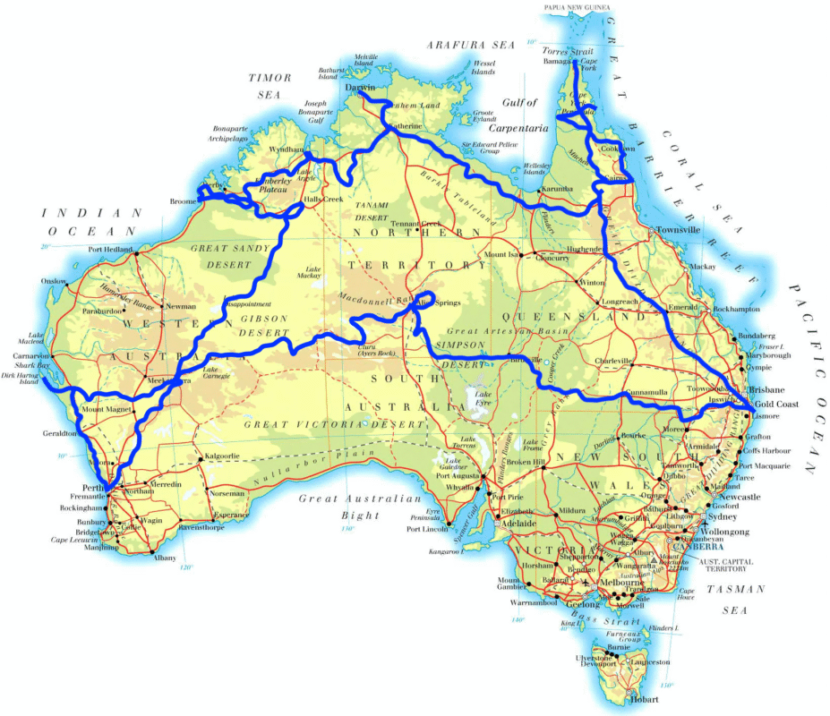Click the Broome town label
tap(182, 201)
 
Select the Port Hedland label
tap(109, 250)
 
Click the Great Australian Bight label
tap(359, 507)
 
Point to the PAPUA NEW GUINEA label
tap(577, 7)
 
